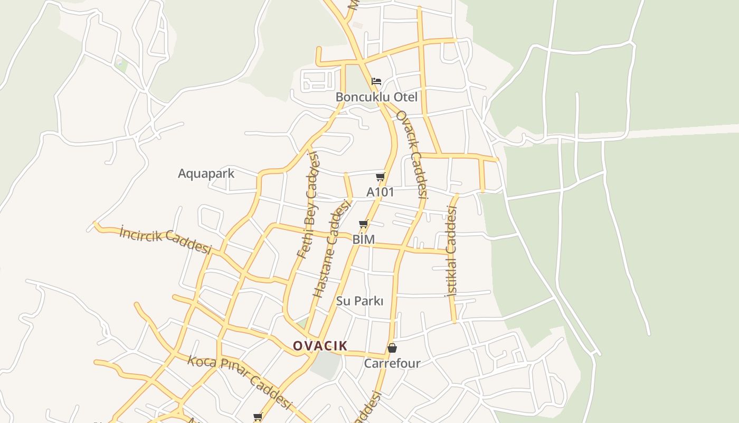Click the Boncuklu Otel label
[376, 97]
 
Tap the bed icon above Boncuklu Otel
[376, 81]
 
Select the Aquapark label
[206, 173]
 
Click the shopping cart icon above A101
[381, 177]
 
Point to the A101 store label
[380, 192]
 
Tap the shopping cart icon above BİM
[363, 225]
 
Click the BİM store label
[363, 240]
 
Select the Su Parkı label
[359, 301]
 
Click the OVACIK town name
[320, 346]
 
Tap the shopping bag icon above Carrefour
[392, 348]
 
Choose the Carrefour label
[392, 363]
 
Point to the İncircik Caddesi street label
[165, 240]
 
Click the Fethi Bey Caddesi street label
[309, 205]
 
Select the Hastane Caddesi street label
[332, 247]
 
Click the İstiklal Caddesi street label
[451, 251]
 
